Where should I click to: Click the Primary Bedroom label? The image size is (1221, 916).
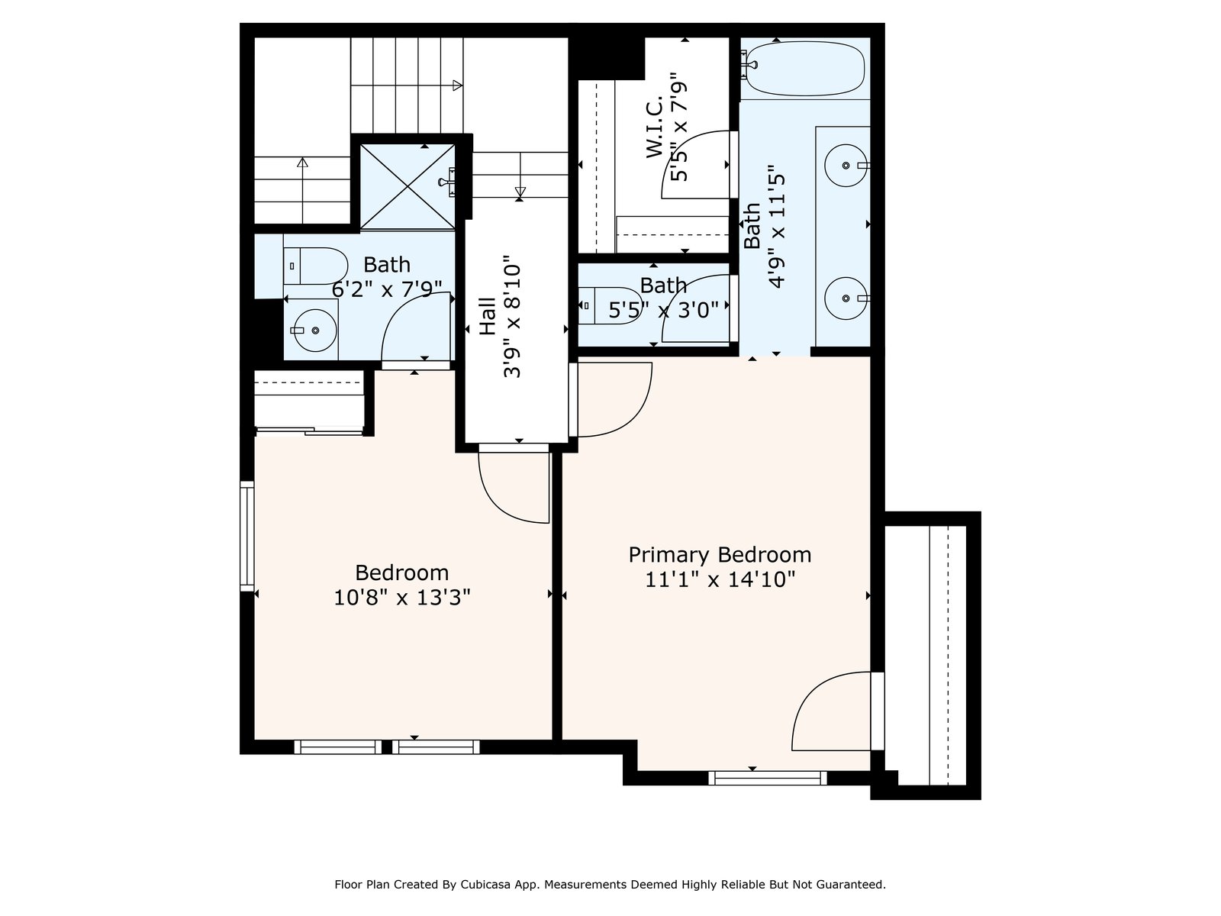coord(720,554)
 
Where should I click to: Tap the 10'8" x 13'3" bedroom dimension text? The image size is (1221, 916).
coord(401,598)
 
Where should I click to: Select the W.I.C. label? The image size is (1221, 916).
coord(655,127)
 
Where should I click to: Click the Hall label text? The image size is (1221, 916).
coord(488,316)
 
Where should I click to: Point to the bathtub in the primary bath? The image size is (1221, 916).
coord(805,69)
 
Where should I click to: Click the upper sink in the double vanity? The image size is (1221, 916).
coord(846,165)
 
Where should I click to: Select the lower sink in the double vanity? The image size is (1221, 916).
coord(846,298)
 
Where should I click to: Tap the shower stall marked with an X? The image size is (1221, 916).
coord(408,186)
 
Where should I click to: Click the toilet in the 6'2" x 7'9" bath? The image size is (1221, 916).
coord(315,266)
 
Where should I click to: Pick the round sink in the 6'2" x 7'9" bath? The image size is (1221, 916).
coord(315,331)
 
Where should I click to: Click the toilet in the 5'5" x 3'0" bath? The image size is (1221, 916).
coord(610,305)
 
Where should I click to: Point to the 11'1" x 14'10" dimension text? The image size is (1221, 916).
coord(720,579)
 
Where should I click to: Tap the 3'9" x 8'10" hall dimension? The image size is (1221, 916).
coord(512,317)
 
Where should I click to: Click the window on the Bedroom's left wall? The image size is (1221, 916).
coord(247,536)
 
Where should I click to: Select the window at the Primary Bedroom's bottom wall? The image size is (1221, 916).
coord(768,778)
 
